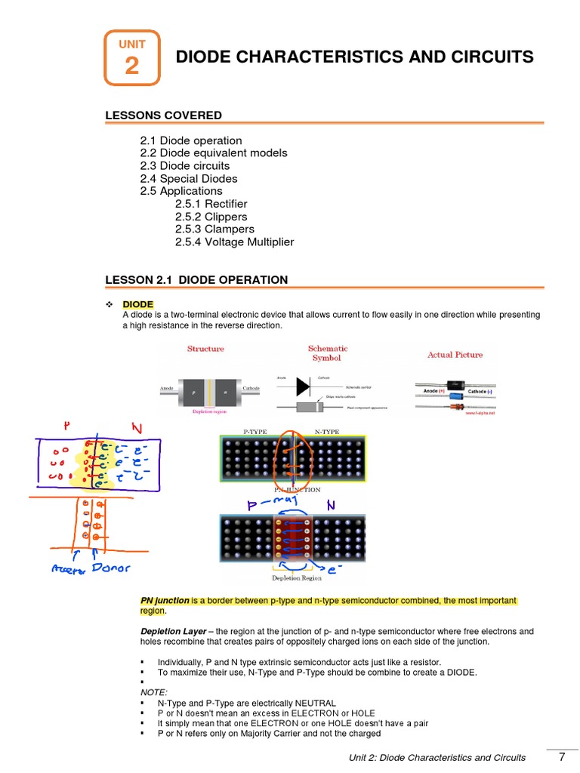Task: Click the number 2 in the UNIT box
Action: (x=131, y=66)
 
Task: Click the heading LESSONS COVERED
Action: (x=163, y=115)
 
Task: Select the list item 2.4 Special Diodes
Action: (x=189, y=179)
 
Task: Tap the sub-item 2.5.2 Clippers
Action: (x=211, y=217)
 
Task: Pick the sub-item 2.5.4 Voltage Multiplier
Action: (x=234, y=242)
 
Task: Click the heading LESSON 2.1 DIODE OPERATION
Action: (x=196, y=280)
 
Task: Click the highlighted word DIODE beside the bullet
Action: (x=138, y=304)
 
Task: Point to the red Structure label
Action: (x=205, y=349)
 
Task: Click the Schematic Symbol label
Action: (x=327, y=353)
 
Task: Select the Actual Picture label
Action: (x=455, y=355)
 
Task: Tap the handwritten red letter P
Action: (x=67, y=427)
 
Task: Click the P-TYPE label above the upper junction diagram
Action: (x=255, y=431)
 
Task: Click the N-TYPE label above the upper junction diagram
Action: (x=327, y=431)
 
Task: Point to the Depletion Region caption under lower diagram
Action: (x=297, y=578)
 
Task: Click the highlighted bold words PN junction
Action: (x=165, y=601)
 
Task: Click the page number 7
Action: (x=562, y=757)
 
